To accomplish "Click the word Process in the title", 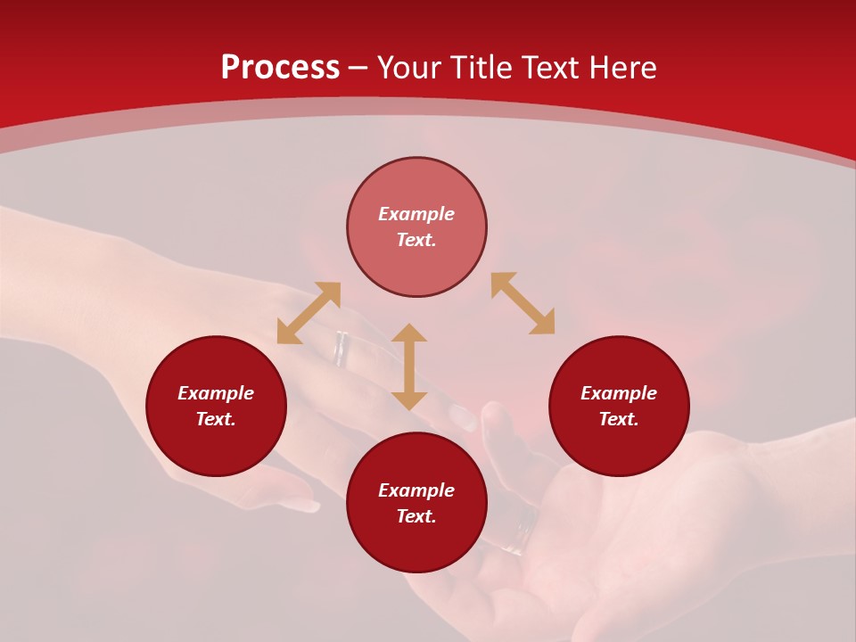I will pos(280,68).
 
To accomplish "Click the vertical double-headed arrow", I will pos(409,366).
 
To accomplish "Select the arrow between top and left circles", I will pos(309,313).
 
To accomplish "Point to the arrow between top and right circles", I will pos(523,303).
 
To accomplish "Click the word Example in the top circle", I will pos(416,214).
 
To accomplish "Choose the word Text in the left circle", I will pos(216,419).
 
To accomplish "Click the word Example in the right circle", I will pos(619,393).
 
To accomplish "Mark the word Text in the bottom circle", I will pos(416,516).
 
